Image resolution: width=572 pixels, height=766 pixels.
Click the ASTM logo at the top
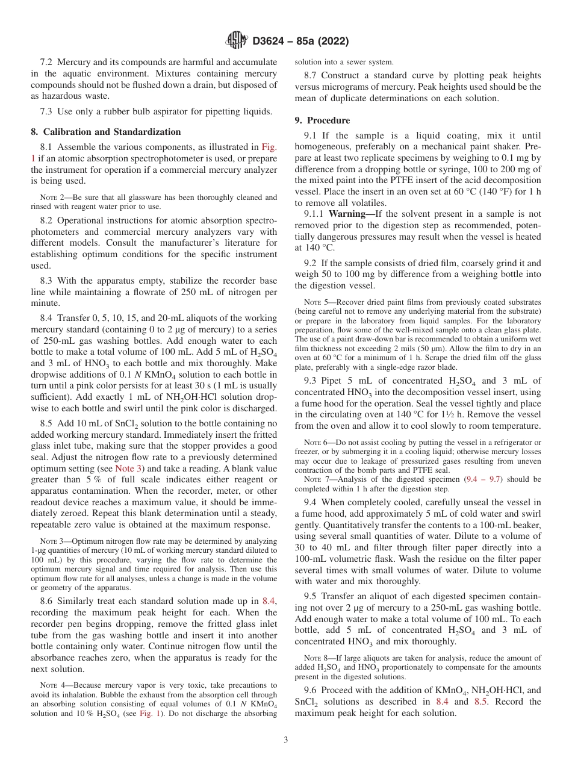pos(235,41)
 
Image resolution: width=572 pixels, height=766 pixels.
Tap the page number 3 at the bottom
pos(285,740)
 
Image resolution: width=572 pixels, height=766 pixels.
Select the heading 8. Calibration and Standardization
pos(106,132)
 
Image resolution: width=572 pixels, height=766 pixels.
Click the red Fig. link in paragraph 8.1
pos(269,147)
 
